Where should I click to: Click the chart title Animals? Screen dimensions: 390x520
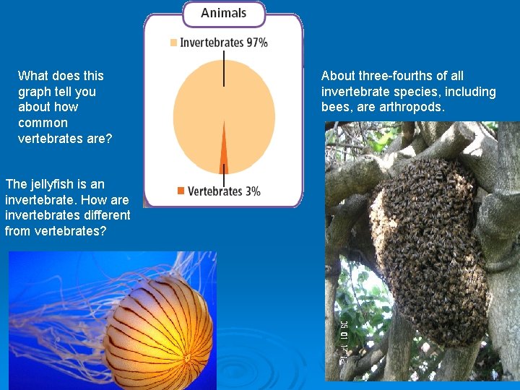223,13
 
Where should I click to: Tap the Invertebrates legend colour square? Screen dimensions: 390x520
173,43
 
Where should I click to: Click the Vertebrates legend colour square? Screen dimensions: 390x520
181,191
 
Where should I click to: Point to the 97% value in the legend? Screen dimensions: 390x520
257,43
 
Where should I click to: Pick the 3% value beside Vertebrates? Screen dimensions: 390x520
253,191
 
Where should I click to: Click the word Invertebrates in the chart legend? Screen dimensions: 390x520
212,43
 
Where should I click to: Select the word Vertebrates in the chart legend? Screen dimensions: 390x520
215,191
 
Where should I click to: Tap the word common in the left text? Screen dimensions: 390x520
43,123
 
